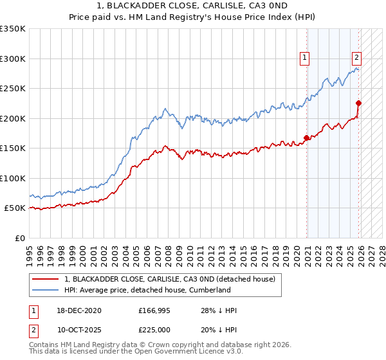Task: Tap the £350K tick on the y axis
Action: tap(13, 29)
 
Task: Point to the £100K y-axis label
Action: tap(13, 178)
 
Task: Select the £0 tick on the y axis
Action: tap(19, 238)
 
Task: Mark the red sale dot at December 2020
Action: tap(306, 138)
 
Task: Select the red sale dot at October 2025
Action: tap(359, 103)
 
